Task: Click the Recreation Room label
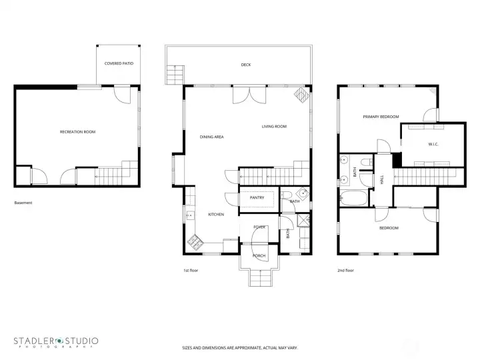click(78, 132)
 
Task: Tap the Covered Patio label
click(118, 63)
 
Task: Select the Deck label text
click(246, 65)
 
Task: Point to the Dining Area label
click(212, 137)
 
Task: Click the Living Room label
click(274, 126)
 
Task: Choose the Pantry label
click(257, 197)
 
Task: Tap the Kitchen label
click(215, 214)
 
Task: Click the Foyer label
click(259, 227)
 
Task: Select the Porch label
click(259, 255)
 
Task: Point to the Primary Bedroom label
click(381, 117)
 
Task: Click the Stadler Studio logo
click(57, 342)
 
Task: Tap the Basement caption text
click(23, 203)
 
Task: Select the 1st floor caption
click(191, 271)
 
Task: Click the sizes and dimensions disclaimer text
click(239, 347)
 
